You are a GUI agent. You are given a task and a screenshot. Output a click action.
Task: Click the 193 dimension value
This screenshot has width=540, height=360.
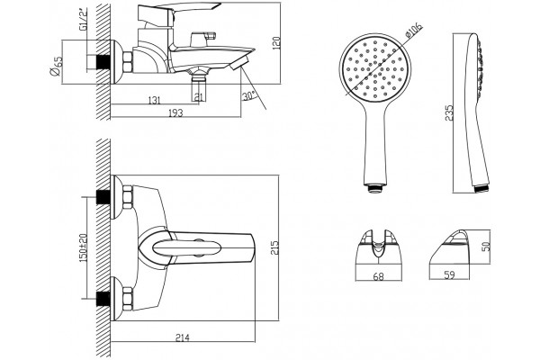pyautogui.click(x=175, y=113)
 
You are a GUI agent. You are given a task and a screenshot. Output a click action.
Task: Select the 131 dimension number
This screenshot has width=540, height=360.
pyautogui.click(x=154, y=100)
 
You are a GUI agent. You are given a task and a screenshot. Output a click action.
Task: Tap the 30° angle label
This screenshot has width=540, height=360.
pyautogui.click(x=249, y=95)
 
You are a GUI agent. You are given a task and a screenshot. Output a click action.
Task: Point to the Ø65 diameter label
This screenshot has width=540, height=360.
pyautogui.click(x=56, y=66)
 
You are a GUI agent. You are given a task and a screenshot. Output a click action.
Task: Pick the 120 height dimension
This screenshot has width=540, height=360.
pyautogui.click(x=276, y=43)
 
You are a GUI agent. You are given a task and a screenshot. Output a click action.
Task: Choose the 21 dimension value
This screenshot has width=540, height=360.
pyautogui.click(x=199, y=97)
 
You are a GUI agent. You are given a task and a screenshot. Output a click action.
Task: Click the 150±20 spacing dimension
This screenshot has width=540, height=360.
pyautogui.click(x=84, y=247)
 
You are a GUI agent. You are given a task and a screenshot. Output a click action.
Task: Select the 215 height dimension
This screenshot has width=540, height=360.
pyautogui.click(x=274, y=247)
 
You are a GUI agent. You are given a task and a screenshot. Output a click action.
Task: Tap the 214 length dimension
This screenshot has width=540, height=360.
pyautogui.click(x=183, y=337)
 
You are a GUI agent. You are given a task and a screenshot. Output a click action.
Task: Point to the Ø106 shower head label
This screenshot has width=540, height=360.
pyautogui.click(x=413, y=31)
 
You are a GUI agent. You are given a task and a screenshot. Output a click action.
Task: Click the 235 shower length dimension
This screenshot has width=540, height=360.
pyautogui.click(x=449, y=113)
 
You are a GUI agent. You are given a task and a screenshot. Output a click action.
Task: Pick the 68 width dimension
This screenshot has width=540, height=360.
pyautogui.click(x=378, y=276)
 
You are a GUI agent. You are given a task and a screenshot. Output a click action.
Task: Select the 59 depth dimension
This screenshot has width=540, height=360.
pyautogui.click(x=449, y=274)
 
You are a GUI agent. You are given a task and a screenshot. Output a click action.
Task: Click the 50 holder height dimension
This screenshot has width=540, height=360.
pyautogui.click(x=486, y=247)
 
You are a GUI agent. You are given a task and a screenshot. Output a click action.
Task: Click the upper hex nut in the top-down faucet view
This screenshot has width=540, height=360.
pyautogui.click(x=128, y=197)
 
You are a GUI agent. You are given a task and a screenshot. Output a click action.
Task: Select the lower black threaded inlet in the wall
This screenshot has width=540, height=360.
pyautogui.click(x=103, y=299)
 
